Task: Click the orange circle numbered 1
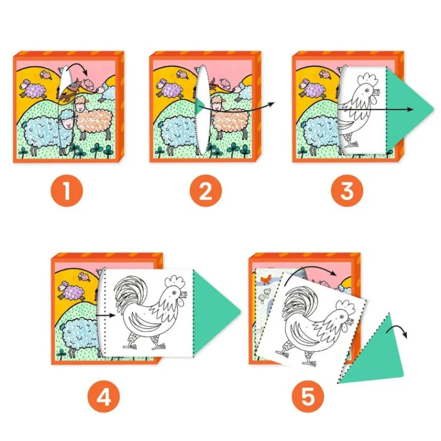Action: (67, 190)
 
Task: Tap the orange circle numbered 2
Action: (205, 190)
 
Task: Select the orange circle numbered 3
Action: (347, 190)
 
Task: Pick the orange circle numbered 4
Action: (104, 397)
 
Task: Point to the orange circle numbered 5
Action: (308, 397)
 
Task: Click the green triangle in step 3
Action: (405, 109)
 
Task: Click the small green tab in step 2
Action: (199, 106)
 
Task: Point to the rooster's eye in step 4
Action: (174, 293)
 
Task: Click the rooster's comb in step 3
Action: (367, 79)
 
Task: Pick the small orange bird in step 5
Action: (266, 279)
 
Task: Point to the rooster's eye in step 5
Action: (342, 316)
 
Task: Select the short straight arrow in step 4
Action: (106, 315)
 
